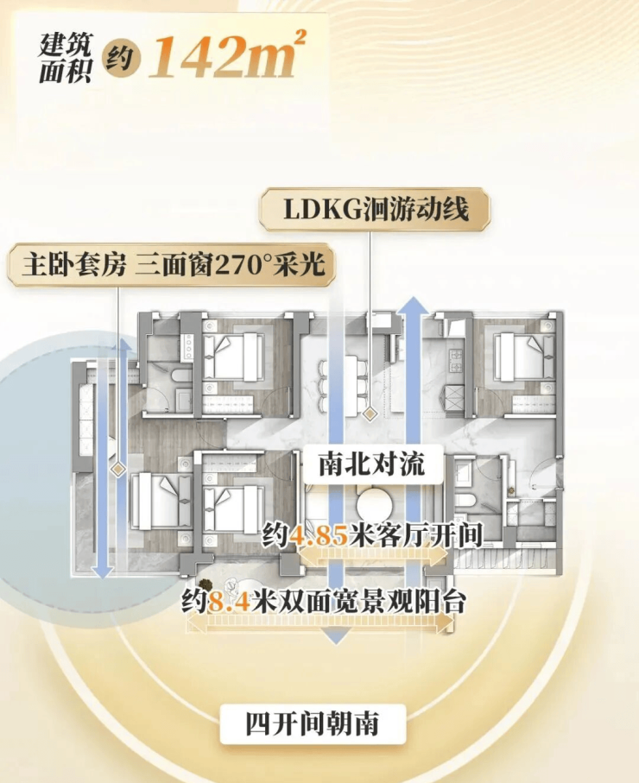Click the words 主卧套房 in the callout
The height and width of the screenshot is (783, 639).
(74, 265)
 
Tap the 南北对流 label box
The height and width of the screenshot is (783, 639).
(373, 464)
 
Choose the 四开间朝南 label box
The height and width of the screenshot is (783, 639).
(313, 723)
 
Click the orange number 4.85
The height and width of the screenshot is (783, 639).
(319, 536)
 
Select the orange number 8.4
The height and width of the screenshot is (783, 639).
(228, 601)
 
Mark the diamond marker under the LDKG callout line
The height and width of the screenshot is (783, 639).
(370, 414)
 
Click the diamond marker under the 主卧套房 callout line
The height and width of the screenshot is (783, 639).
(118, 469)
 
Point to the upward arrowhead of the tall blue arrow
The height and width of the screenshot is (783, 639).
(414, 305)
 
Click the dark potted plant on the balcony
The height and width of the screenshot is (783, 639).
(205, 584)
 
